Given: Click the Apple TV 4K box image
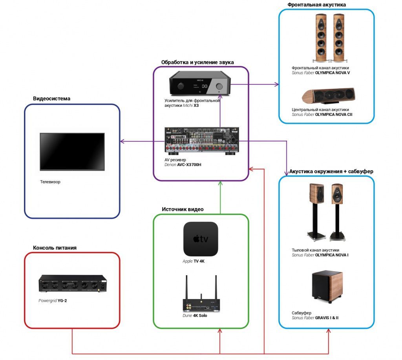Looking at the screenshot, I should click(x=201, y=239).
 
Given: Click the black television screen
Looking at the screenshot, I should click(x=72, y=152).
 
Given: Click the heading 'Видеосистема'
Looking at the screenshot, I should click(x=51, y=99).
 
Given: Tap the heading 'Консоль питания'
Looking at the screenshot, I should click(x=55, y=248).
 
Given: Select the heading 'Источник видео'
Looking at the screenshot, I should click(x=183, y=209).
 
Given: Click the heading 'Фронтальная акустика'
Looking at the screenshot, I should click(x=316, y=5).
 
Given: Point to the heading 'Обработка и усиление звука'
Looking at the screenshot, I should click(x=197, y=62).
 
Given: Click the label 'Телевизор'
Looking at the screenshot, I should click(x=50, y=182).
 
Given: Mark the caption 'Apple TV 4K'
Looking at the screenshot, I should click(x=194, y=261).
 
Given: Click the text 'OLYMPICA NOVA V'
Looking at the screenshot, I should click(x=333, y=73).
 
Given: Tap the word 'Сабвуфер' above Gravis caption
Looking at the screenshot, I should click(x=301, y=313).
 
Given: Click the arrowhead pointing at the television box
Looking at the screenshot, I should click(x=122, y=141).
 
